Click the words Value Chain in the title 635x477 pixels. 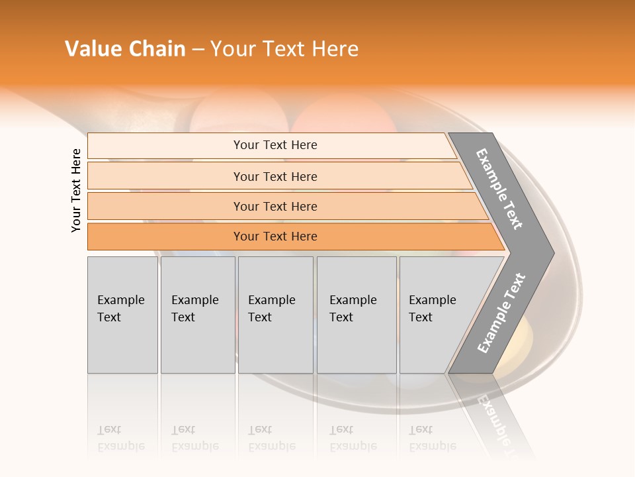tap(125, 49)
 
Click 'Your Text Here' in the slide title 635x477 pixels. tap(284, 49)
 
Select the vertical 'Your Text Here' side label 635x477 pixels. tap(77, 190)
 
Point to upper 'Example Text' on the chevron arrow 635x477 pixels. tap(499, 189)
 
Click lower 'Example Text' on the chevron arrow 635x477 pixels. tap(501, 313)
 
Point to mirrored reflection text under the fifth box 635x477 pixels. tap(432, 438)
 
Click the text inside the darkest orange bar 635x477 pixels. tap(275, 237)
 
